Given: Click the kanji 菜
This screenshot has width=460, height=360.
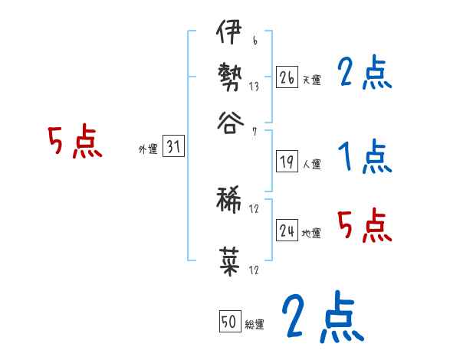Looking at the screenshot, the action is pos(230,260).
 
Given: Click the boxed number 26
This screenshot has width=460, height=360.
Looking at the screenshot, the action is pos(287,78).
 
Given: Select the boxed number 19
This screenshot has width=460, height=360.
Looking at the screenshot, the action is pos(287,162).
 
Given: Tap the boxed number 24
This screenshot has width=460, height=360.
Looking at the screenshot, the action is pos(287,231).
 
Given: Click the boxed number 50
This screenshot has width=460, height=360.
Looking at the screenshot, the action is pos(229,322).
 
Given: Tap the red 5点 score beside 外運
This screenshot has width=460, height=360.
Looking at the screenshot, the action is pos(74,143).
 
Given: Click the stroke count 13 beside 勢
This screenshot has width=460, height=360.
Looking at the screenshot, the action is pos(254,88).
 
